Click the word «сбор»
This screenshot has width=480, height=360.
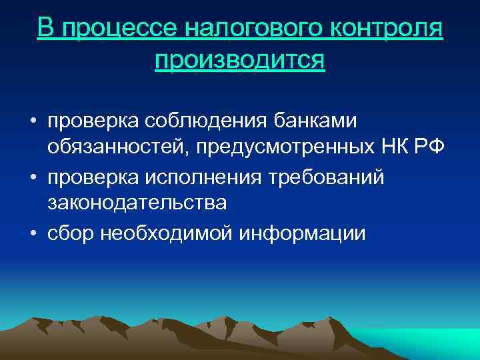coord(70,234)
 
